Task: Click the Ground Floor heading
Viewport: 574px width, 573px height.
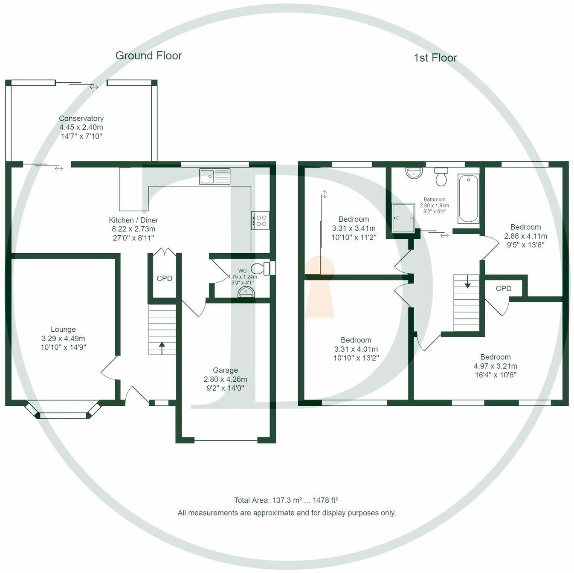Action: [148, 55]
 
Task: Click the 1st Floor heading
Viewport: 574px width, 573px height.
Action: [435, 58]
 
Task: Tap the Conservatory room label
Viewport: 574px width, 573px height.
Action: [81, 119]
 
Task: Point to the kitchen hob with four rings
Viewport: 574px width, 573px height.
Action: [260, 220]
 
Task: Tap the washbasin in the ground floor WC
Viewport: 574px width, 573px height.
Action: [246, 292]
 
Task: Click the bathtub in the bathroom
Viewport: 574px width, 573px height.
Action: [468, 199]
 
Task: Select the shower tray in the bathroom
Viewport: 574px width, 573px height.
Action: [403, 217]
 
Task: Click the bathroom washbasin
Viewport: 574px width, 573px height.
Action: [414, 173]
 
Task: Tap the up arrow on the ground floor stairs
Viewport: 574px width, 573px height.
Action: [162, 347]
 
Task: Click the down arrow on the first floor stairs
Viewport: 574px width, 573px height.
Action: [467, 281]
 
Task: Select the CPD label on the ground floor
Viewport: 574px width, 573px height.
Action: [164, 278]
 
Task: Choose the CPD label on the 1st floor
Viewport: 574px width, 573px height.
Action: [503, 289]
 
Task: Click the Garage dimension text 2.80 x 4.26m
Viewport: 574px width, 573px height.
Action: [225, 379]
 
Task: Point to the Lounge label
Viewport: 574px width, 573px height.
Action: [63, 330]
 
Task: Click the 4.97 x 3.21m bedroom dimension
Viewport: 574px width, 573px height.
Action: [495, 366]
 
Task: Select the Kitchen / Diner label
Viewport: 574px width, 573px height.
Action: [133, 220]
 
